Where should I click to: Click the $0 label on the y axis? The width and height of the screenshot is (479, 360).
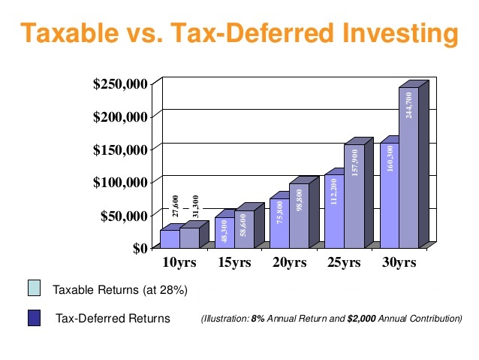140,249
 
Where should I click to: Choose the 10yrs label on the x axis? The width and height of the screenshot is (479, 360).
179,263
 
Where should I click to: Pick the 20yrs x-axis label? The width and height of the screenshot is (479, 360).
289,263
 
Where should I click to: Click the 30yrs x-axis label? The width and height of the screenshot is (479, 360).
398,263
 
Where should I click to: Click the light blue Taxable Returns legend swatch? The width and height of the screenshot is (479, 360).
34,289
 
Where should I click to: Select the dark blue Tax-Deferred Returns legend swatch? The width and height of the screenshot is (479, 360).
34,318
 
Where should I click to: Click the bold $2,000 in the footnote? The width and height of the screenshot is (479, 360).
361,319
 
